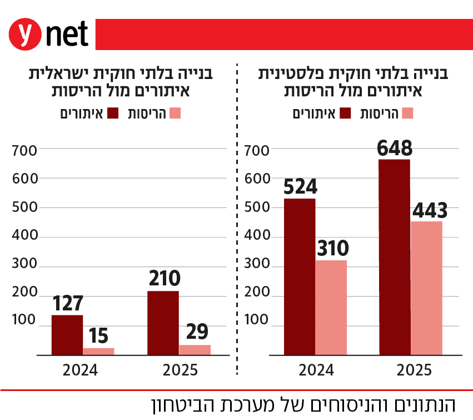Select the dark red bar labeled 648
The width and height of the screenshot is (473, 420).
[394, 256]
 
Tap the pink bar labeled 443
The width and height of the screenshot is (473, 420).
[426, 288]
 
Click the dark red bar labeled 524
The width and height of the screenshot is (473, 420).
[299, 276]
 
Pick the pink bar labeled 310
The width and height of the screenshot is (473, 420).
[331, 307]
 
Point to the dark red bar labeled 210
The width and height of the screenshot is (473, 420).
[163, 322]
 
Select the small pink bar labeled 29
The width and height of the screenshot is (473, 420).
[195, 349]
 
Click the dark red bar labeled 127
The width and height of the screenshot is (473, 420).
[67, 334]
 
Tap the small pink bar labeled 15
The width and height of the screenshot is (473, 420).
[98, 351]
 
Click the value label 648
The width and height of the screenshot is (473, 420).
[394, 148]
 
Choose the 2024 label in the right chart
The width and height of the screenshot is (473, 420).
[315, 370]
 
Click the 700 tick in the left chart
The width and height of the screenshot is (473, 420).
[24, 150]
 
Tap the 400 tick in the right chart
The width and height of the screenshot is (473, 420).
[257, 236]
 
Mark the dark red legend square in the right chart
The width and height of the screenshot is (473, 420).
[345, 113]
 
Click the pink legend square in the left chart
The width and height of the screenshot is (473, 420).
[176, 113]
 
